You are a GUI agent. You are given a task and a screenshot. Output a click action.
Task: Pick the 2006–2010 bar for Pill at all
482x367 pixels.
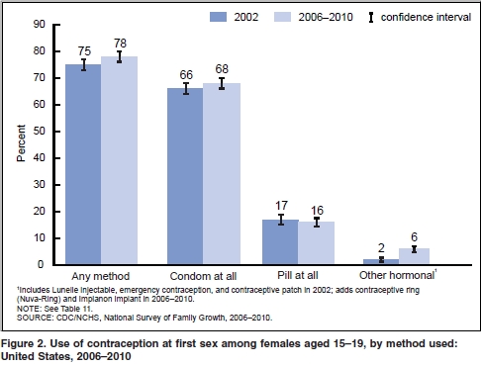coord(323,243)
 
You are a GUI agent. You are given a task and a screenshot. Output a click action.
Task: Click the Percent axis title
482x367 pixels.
coord(20,144)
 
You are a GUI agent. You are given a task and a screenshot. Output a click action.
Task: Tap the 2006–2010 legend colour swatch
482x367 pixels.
coord(287,17)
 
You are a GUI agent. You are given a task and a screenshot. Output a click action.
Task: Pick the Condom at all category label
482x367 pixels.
coord(203,277)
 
